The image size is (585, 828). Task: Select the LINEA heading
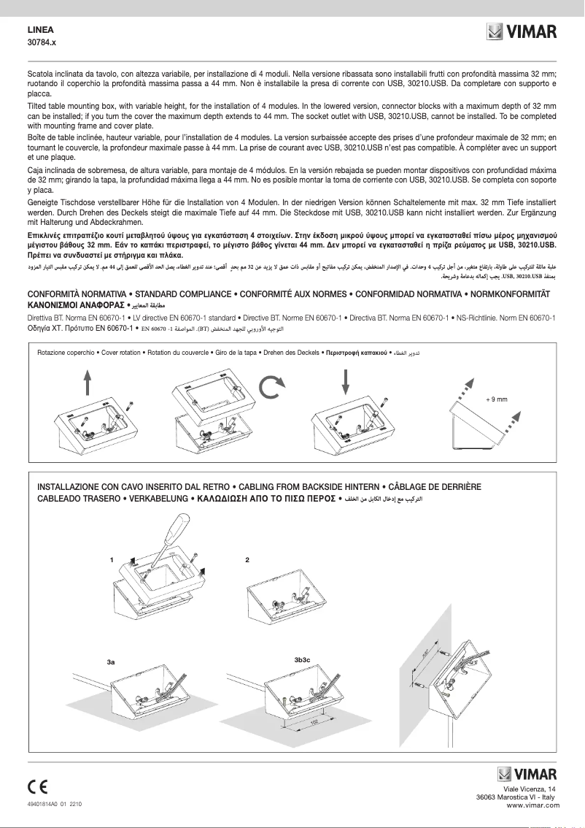coord(41,31)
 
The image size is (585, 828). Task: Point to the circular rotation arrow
coord(271,388)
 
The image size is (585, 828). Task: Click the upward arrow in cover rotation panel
coord(88,381)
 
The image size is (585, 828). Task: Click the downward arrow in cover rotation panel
coord(345,380)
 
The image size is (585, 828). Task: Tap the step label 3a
coord(111,661)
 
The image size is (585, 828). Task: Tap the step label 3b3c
coord(302,659)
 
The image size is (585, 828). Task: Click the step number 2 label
coord(248,560)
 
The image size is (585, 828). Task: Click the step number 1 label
coord(112,560)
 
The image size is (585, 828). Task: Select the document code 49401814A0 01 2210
coord(54,803)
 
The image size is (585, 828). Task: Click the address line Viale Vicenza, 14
coord(530,789)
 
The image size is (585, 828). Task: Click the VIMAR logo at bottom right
coord(527,774)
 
